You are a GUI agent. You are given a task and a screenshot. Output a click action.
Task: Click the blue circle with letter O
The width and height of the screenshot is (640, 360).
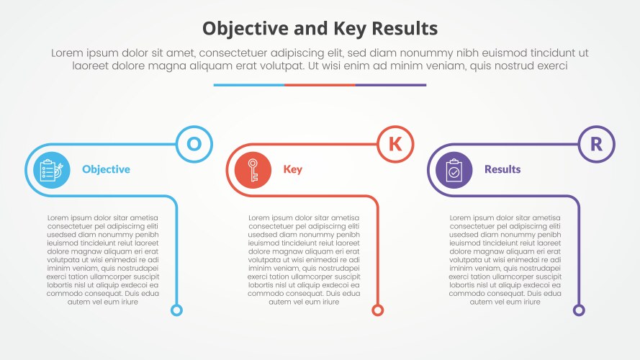click(194, 144)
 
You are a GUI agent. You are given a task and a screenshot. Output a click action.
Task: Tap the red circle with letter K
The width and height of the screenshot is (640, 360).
click(395, 144)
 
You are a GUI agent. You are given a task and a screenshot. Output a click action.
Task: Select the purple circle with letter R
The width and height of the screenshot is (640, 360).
click(596, 144)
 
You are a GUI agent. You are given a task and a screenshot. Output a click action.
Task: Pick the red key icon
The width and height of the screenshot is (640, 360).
click(252, 170)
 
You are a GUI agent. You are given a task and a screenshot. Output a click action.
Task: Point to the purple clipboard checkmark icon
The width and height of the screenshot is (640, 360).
click(453, 170)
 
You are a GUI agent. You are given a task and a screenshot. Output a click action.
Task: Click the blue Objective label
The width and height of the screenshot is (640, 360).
click(106, 170)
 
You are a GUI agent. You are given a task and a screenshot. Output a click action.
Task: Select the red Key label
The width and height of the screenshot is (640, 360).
click(292, 170)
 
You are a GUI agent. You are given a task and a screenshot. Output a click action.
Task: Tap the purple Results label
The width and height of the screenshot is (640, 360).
click(502, 170)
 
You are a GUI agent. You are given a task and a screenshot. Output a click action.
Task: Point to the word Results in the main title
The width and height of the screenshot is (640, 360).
click(401, 29)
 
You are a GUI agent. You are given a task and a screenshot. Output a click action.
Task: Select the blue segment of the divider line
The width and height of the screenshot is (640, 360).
click(248, 85)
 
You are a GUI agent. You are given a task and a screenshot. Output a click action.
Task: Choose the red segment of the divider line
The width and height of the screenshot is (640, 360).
click(320, 85)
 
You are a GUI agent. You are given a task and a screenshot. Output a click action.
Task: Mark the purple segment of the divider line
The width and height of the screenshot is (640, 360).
click(391, 85)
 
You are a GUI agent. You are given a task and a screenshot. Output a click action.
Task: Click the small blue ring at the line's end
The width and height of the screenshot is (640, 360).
click(176, 310)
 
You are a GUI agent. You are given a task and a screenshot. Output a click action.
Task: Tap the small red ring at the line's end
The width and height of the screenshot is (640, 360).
click(377, 310)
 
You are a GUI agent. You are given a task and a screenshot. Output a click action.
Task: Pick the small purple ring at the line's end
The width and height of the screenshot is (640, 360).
click(579, 310)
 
